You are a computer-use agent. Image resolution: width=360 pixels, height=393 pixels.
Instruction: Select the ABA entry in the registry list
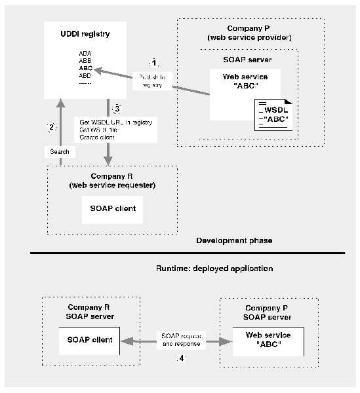[x=85, y=52]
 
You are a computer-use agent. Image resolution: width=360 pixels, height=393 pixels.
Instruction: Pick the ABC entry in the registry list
[x=85, y=67]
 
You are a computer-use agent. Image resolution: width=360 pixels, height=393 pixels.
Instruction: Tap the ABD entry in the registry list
[x=85, y=75]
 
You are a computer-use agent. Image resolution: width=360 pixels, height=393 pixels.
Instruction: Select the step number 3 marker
[x=117, y=108]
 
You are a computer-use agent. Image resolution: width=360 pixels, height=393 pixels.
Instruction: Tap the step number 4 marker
[x=183, y=358]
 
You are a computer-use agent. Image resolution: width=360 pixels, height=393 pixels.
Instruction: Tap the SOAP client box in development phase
[x=112, y=208]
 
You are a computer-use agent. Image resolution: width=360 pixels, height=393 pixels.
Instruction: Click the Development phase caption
[x=234, y=241]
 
